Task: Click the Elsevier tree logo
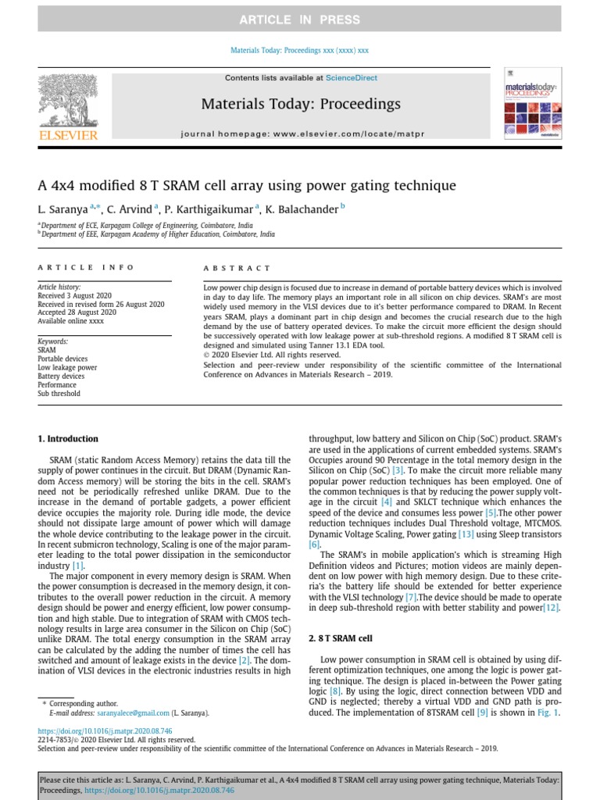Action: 68,101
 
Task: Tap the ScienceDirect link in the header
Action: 351,78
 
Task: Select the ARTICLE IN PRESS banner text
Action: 300,20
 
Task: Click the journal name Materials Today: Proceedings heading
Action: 301,104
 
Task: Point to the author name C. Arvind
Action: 130,209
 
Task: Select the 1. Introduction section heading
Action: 69,439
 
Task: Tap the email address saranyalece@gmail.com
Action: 120,713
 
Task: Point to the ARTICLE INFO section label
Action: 86,268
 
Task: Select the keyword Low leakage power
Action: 67,367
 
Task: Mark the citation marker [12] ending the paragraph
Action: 552,607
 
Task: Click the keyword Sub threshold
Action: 59,394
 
